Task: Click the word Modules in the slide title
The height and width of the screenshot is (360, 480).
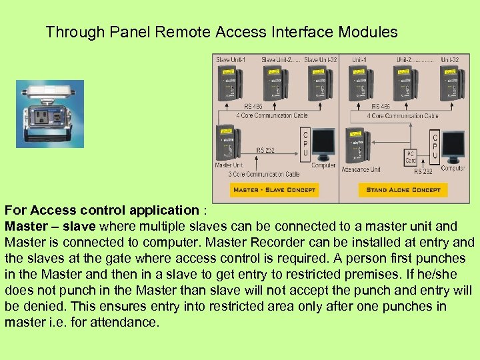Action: pos(368,31)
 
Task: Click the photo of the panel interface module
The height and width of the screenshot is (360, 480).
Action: pos(50,114)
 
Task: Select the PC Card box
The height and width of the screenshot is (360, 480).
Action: pos(411,157)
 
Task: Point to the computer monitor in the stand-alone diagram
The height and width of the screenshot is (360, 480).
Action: pos(454,147)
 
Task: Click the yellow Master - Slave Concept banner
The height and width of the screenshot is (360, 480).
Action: pos(273,190)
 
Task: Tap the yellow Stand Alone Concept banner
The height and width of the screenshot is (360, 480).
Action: pos(403,190)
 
